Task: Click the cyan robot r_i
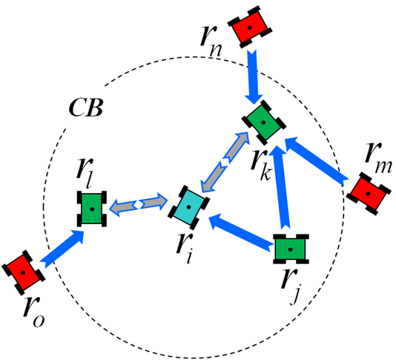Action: pyautogui.click(x=188, y=207)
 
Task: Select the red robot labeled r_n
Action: pyautogui.click(x=249, y=27)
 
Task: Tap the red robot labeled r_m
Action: pyautogui.click(x=369, y=194)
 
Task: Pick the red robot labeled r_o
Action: pyautogui.click(x=23, y=272)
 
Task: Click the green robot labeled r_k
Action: pyautogui.click(x=264, y=122)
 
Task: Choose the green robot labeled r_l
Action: pyautogui.click(x=92, y=209)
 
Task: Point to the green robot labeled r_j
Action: pyautogui.click(x=291, y=249)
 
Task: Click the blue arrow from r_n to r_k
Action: pyautogui.click(x=254, y=76)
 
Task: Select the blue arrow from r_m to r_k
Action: pyautogui.click(x=316, y=160)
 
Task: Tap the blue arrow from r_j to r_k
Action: pyautogui.click(x=282, y=187)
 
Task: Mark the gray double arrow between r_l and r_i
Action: pyautogui.click(x=139, y=204)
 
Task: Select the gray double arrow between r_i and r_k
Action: pyautogui.click(x=225, y=162)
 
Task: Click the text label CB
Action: pyautogui.click(x=86, y=108)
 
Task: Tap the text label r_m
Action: pyautogui.click(x=378, y=160)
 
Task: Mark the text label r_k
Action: pyautogui.click(x=262, y=166)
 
